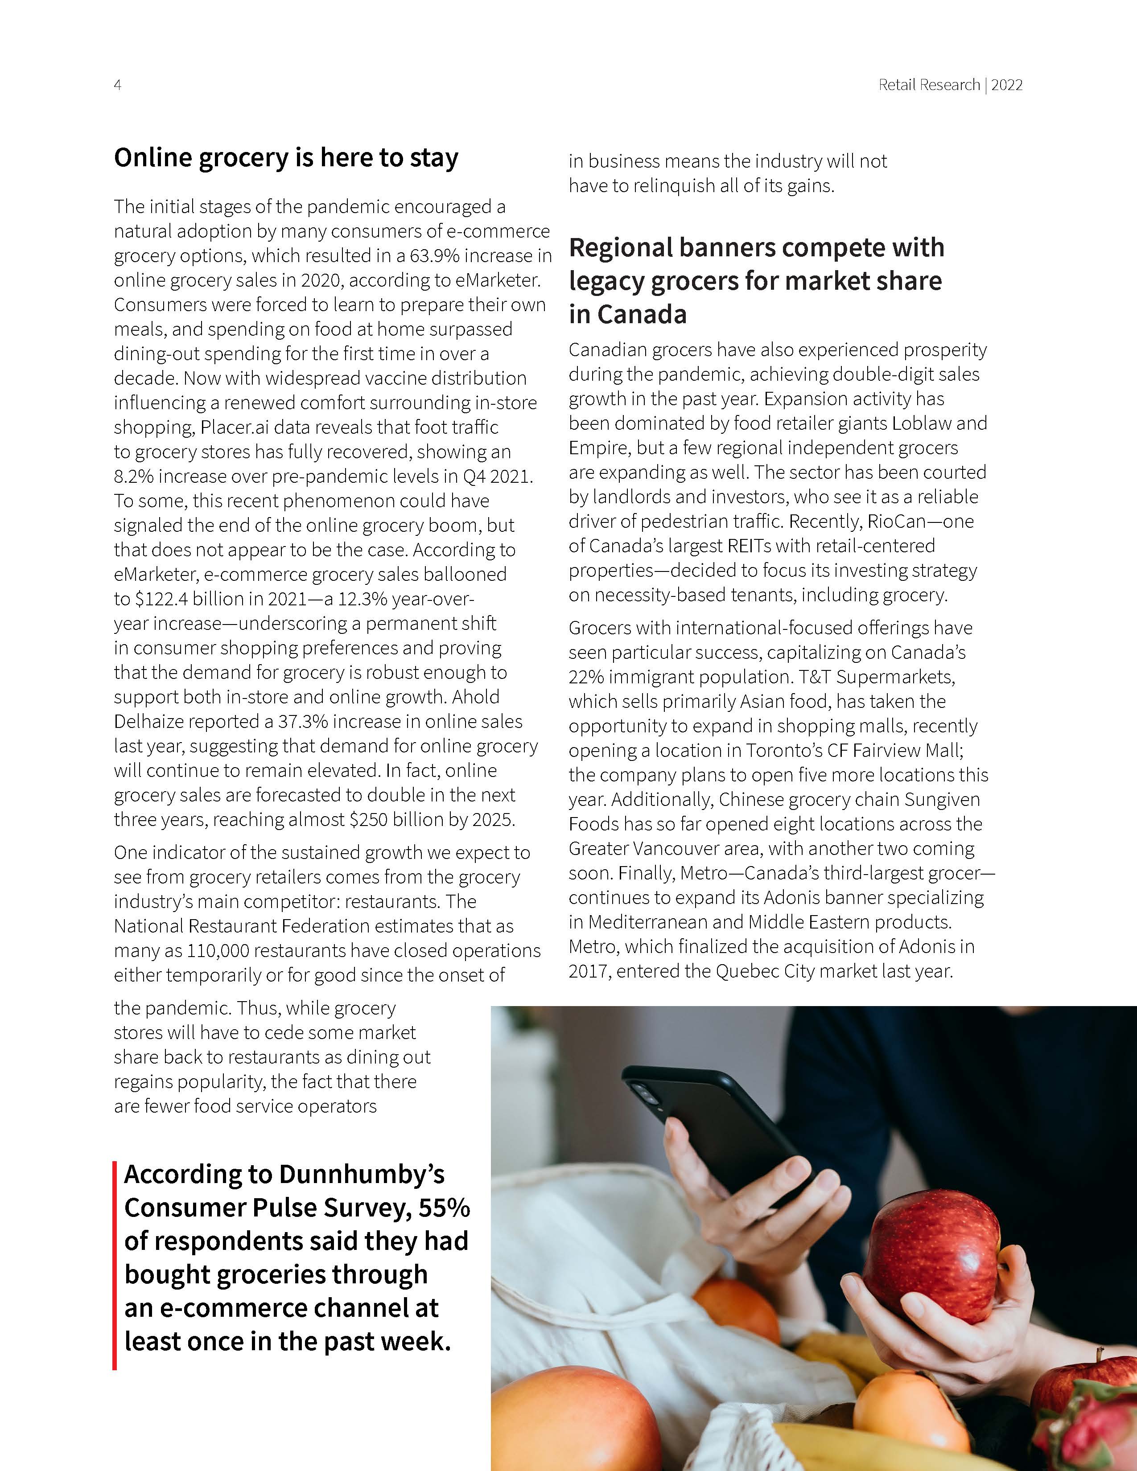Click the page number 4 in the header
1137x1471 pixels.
click(117, 85)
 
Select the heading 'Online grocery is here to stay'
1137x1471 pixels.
click(286, 158)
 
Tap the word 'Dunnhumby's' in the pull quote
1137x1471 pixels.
click(362, 1174)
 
